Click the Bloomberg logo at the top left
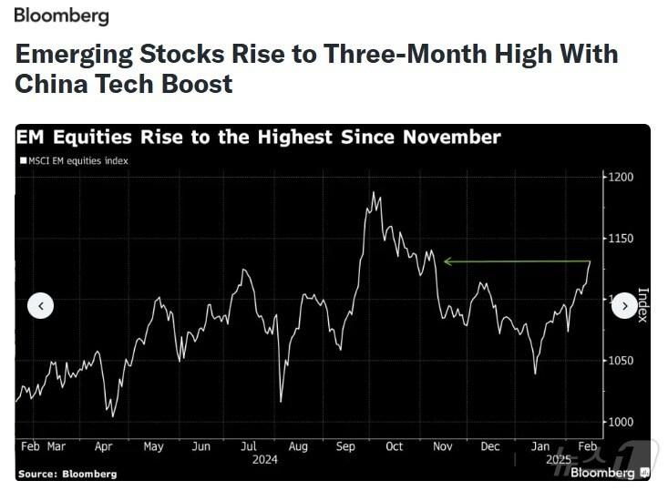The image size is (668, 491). [61, 15]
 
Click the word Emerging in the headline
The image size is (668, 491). [73, 54]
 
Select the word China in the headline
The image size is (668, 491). [51, 85]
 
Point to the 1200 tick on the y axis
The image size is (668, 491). [622, 177]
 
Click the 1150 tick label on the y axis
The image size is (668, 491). [622, 239]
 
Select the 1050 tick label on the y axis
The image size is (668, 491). [622, 361]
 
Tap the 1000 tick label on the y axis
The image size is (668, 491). [622, 422]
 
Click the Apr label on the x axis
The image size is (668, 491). [103, 446]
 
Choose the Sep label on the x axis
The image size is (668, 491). [345, 446]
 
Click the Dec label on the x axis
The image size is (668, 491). [489, 446]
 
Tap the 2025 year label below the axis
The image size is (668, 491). [557, 460]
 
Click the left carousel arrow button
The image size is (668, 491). [41, 306]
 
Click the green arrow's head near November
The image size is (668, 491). [447, 262]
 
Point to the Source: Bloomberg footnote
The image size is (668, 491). [67, 474]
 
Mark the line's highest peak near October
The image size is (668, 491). [373, 192]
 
